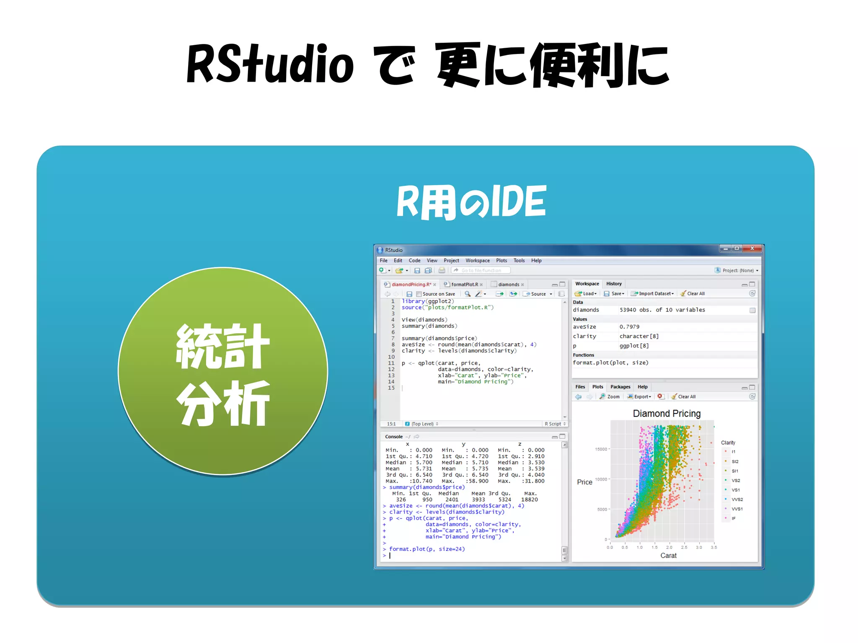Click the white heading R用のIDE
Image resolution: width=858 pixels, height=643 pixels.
[471, 202]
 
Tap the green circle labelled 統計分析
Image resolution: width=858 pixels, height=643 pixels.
[223, 371]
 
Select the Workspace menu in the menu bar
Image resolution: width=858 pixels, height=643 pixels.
[477, 260]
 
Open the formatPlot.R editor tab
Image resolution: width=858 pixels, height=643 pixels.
[464, 284]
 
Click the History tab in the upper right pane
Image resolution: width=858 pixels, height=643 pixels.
[614, 284]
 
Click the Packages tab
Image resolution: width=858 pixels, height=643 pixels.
[620, 387]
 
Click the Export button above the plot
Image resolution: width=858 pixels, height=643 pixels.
[639, 396]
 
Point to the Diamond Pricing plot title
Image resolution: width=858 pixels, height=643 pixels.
[667, 414]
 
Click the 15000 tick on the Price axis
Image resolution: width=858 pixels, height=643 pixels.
[601, 449]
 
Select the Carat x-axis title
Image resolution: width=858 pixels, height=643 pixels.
[668, 556]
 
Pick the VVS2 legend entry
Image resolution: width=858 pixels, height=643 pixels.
[737, 499]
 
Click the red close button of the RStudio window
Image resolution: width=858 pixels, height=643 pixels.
[752, 249]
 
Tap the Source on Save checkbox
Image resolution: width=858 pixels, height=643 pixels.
[419, 294]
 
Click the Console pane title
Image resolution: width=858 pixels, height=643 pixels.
[393, 437]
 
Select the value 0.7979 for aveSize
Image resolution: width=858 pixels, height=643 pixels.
[629, 327]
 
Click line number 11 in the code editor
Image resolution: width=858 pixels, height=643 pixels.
[391, 363]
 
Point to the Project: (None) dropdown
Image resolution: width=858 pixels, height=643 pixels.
[737, 270]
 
